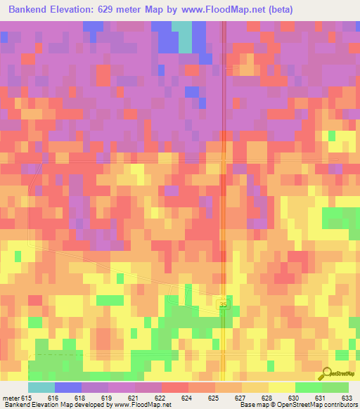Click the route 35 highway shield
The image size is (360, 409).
(223, 304)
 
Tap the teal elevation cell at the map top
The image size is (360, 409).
(184, 37)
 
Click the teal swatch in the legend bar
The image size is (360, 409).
(41, 387)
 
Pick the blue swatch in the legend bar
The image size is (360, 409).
(67, 387)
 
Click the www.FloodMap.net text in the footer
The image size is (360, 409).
(146, 405)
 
